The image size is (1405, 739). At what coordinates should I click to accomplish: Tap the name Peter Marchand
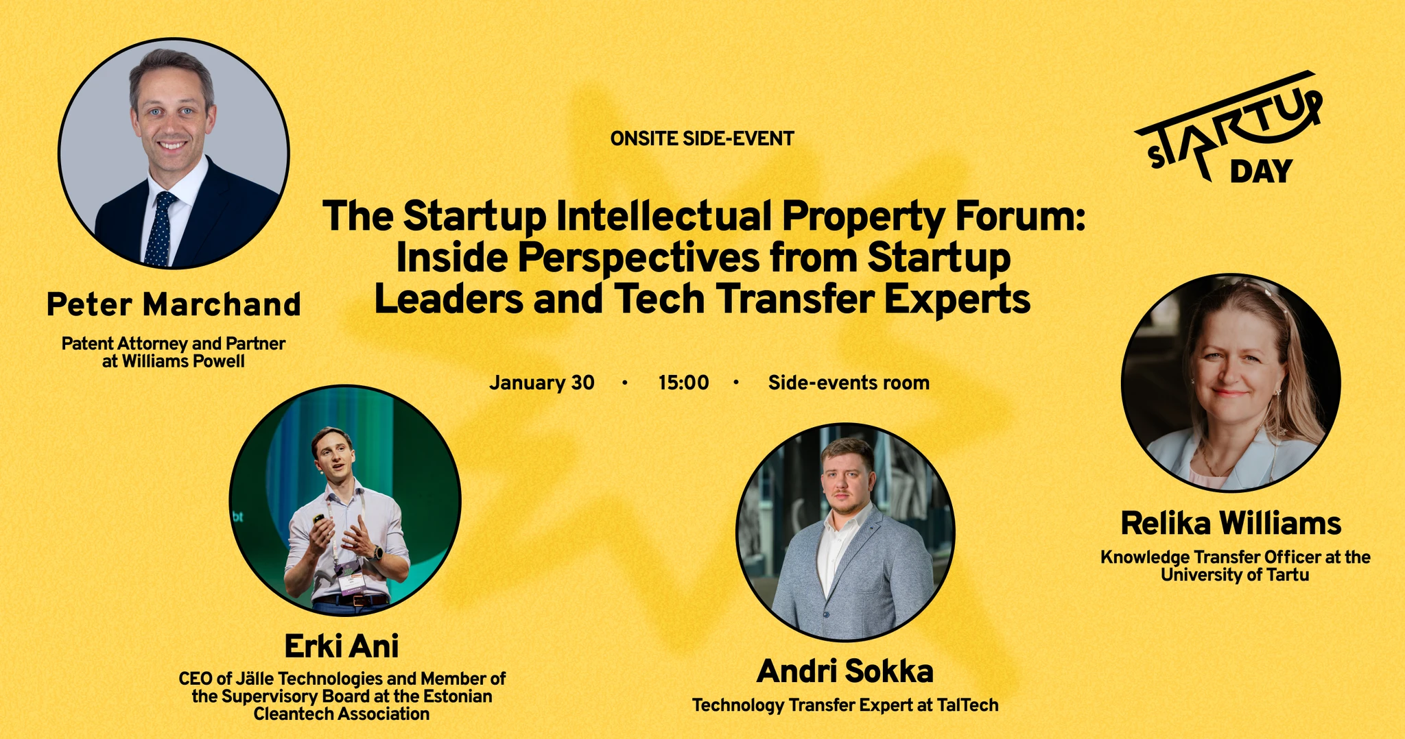click(x=174, y=304)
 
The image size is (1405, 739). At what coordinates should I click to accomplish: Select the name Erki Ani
click(x=341, y=646)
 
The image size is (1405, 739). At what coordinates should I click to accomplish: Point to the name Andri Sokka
click(x=845, y=671)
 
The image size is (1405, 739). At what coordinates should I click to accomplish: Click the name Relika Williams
click(x=1231, y=524)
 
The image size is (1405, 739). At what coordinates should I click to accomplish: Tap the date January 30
click(x=542, y=383)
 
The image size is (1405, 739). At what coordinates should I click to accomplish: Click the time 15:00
click(x=683, y=383)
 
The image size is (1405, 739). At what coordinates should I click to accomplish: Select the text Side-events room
click(x=849, y=383)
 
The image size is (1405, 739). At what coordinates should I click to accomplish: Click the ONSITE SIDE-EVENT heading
click(x=702, y=139)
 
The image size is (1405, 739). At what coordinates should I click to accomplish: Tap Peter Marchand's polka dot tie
click(x=160, y=230)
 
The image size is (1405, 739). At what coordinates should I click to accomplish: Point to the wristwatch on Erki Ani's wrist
click(x=376, y=552)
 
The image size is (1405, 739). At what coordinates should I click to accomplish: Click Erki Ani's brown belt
click(x=351, y=601)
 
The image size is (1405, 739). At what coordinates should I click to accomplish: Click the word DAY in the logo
click(x=1261, y=171)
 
